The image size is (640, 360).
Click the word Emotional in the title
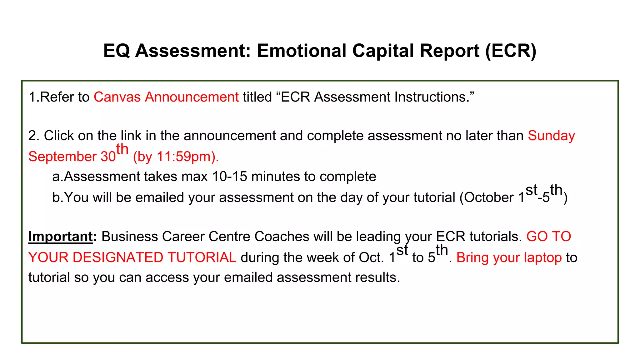(302, 51)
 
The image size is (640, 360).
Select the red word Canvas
(117, 97)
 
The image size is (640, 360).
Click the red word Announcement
(192, 97)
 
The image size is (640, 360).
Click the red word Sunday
(551, 136)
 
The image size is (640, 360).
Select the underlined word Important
(61, 237)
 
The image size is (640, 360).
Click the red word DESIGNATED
(118, 257)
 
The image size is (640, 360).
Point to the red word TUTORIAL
(202, 257)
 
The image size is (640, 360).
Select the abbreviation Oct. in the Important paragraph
(371, 257)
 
